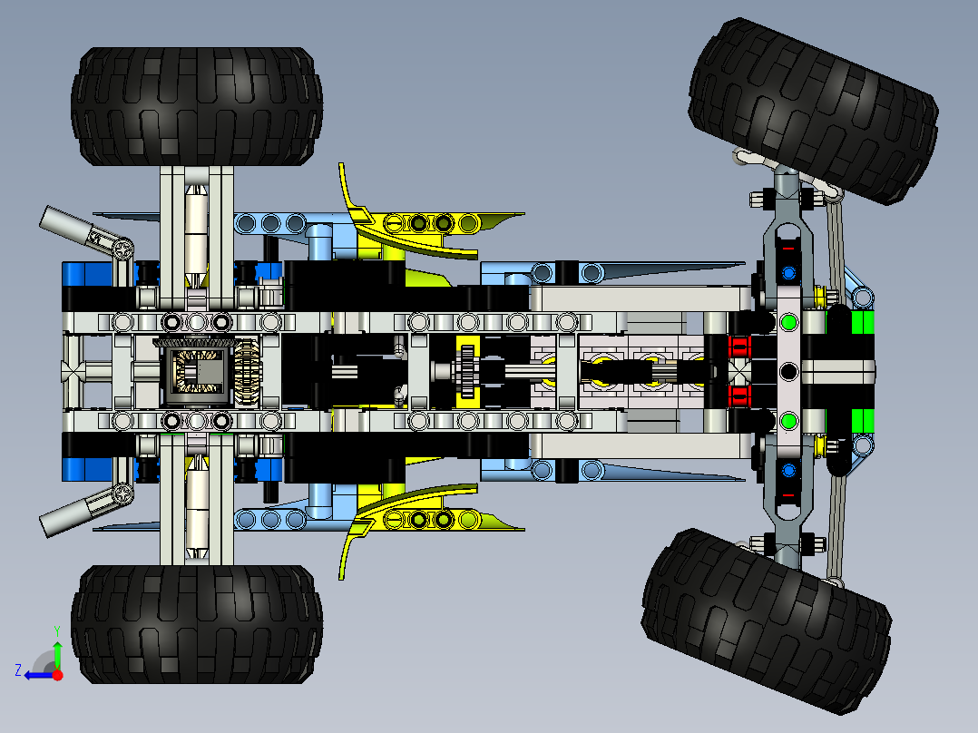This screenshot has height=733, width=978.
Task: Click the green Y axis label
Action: (56, 630)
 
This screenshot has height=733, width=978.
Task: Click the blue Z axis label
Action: (18, 670)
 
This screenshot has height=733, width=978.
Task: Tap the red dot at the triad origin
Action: (57, 674)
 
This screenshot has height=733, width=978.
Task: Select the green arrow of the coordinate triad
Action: (57, 654)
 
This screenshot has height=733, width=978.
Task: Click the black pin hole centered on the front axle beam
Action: (787, 371)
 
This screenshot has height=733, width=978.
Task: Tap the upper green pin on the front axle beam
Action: (787, 322)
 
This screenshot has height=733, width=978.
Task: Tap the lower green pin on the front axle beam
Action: (787, 420)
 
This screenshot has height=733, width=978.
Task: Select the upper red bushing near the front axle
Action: (739, 347)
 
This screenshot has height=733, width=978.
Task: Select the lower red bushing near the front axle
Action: (739, 396)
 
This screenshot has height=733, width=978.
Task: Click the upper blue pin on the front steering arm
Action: (787, 272)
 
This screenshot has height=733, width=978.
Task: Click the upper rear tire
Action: (197, 106)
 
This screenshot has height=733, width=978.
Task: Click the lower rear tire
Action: (197, 624)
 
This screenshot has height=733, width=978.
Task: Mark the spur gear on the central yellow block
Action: (467, 371)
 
